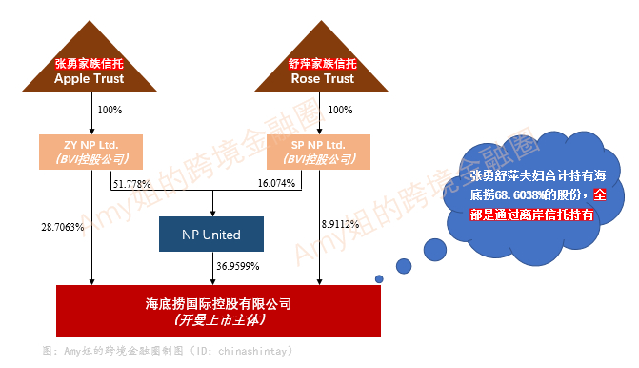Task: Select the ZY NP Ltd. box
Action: (x=91, y=151)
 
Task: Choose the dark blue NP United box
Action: (x=211, y=235)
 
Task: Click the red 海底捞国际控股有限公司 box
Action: (x=218, y=311)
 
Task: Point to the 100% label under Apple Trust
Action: (x=110, y=110)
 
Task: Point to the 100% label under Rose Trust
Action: (x=340, y=110)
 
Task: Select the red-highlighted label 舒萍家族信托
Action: (x=321, y=64)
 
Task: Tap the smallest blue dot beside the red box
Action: (x=379, y=278)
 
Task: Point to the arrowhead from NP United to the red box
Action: (x=211, y=279)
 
